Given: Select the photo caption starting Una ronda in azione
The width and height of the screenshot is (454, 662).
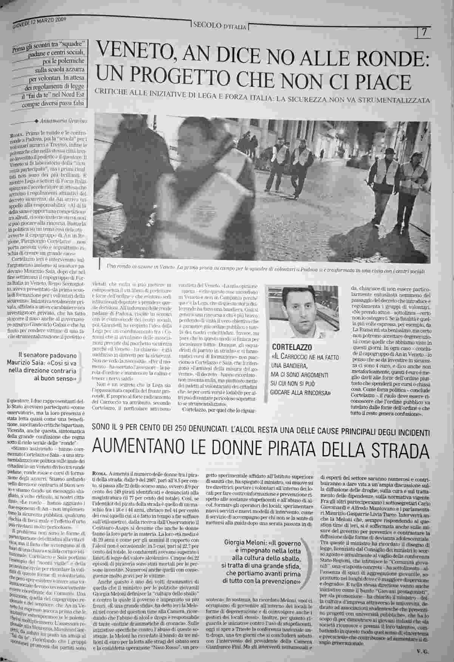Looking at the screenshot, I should [x=264, y=270].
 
